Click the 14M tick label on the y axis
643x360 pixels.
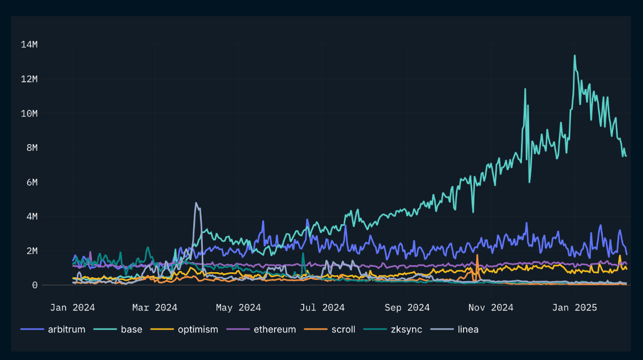click(29, 45)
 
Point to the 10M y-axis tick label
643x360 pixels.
click(29, 113)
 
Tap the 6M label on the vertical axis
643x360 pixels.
click(31, 182)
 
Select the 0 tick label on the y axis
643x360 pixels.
click(34, 285)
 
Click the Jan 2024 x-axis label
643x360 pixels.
click(72, 308)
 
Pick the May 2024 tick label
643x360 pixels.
click(238, 308)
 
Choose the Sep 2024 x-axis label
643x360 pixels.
click(407, 308)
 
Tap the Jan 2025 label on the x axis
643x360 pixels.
click(574, 308)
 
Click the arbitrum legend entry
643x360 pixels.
click(66, 330)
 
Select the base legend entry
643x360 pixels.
click(131, 330)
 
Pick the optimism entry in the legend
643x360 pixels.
click(198, 330)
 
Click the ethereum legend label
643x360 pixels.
click(275, 330)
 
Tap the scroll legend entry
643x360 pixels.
click(343, 330)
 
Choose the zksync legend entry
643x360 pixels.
click(405, 330)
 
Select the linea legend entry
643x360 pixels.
click(468, 330)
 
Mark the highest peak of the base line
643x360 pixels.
click(575, 55)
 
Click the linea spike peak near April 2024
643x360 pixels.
click(196, 203)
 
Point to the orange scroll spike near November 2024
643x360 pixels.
click(477, 255)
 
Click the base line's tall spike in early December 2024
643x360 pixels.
click(525, 89)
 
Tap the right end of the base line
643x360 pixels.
click(626, 156)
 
